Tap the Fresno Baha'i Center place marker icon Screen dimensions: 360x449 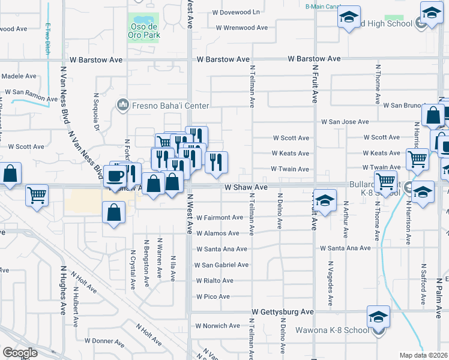pyautogui.click(x=124, y=105)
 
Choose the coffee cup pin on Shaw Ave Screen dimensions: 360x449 pyautogui.click(x=115, y=176)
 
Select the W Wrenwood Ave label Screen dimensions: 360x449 pyautogui.click(x=242, y=28)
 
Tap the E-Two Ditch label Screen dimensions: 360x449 pyautogui.click(x=47, y=38)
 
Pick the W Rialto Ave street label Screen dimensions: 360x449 pyautogui.click(x=214, y=280)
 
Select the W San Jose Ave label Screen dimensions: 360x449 pyautogui.click(x=345, y=122)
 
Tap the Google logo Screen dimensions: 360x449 pyautogui.click(x=20, y=353)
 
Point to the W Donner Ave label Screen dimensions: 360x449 pyautogui.click(x=104, y=340)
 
